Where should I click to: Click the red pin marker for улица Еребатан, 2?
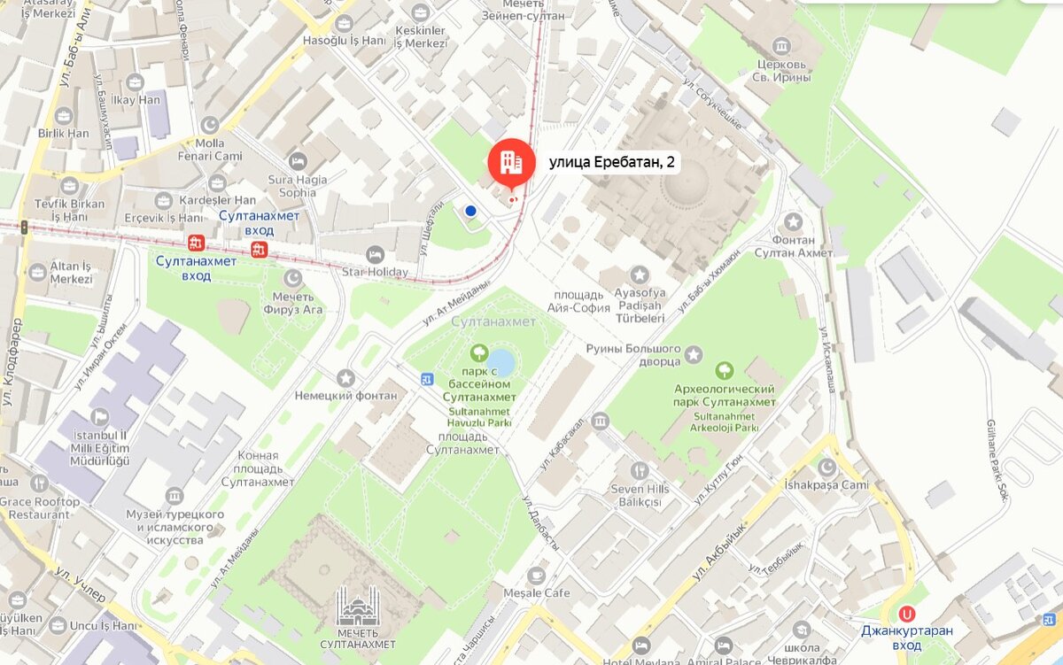point(511,162)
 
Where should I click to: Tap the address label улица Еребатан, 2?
point(612,162)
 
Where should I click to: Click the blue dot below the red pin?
point(470,211)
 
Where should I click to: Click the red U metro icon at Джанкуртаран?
point(906,613)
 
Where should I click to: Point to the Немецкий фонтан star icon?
point(345,378)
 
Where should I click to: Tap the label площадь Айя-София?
point(578,301)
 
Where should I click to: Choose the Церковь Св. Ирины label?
point(782,71)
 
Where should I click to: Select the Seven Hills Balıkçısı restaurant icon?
point(640,470)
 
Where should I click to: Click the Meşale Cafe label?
point(537,592)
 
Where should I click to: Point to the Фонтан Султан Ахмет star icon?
point(793,221)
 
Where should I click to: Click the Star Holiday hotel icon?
point(375,255)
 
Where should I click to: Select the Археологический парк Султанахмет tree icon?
point(725,370)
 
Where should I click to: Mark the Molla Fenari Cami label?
point(211,150)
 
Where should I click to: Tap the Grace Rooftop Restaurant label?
point(39,507)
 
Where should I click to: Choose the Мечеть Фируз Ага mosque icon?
point(292,278)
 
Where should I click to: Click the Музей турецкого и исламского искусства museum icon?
point(175,495)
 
